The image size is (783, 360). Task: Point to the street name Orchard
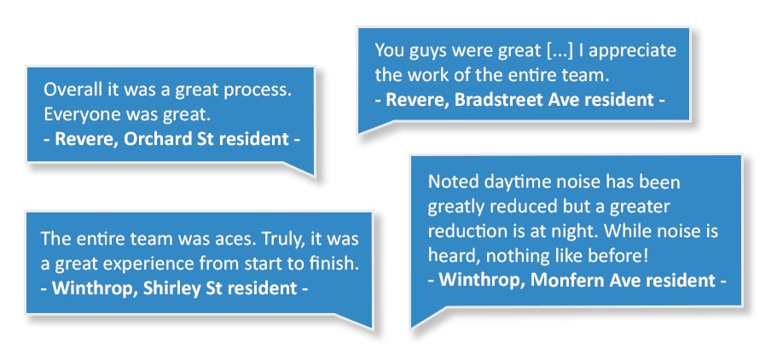[157, 139]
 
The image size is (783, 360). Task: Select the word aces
[236, 239]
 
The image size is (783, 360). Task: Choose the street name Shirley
[171, 288]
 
